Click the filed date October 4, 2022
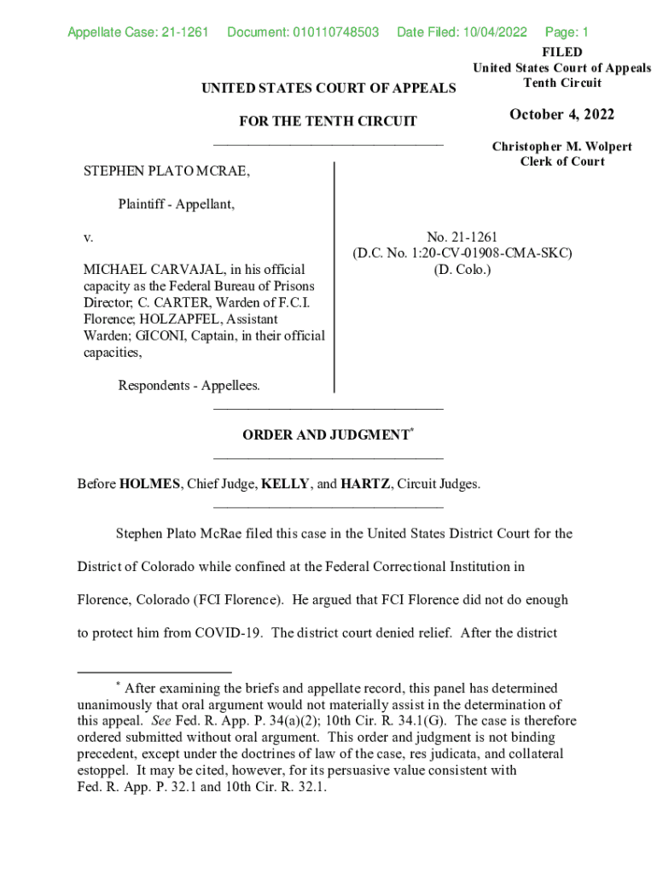(561, 115)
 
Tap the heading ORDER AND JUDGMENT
(326, 435)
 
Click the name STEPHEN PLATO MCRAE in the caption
(167, 172)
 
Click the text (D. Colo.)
(462, 270)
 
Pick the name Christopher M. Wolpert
(561, 147)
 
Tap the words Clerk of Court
(562, 162)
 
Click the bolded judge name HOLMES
(150, 485)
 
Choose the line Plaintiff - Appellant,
(177, 204)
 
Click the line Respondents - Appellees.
(189, 386)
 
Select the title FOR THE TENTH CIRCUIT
(328, 121)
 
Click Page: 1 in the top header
(567, 33)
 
